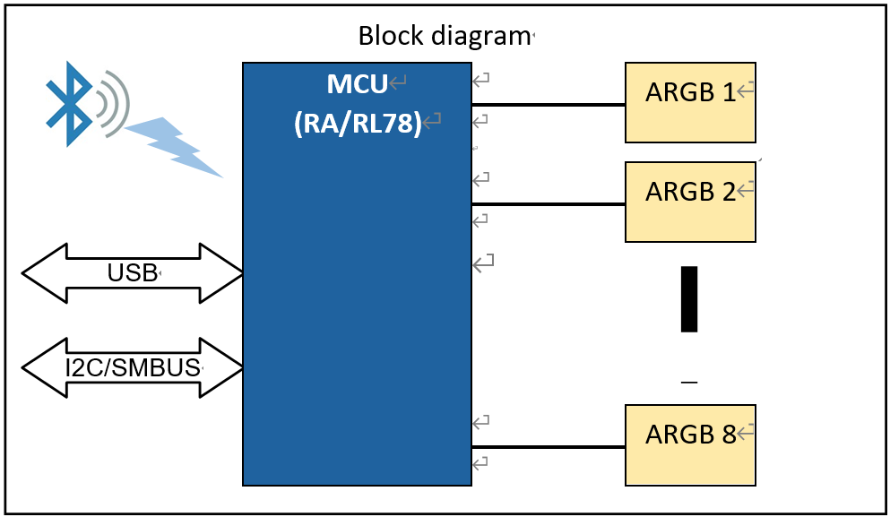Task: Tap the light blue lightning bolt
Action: (x=175, y=145)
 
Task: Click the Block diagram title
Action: (x=444, y=36)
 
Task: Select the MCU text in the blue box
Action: (x=357, y=85)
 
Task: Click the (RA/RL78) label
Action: (x=358, y=123)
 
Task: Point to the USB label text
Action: (x=132, y=272)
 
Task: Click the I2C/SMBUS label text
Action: (x=133, y=367)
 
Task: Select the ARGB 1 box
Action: (x=690, y=102)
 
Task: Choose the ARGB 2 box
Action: (x=690, y=202)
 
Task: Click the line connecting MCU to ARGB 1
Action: (x=549, y=105)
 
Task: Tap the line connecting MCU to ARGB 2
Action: (x=549, y=204)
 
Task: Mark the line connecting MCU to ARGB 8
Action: (x=549, y=447)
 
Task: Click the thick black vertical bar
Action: (x=688, y=298)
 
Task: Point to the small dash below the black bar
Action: (x=688, y=383)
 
